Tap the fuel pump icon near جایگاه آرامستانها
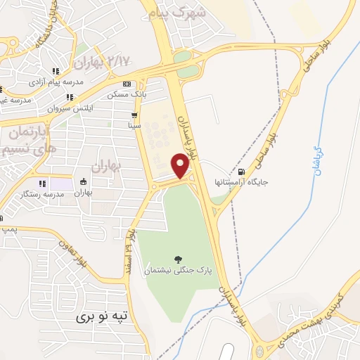pos(243,172)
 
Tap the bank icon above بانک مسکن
pos(126,84)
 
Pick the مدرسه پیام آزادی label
pos(56,82)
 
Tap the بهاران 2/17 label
pos(105,62)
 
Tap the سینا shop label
pos(134,124)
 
